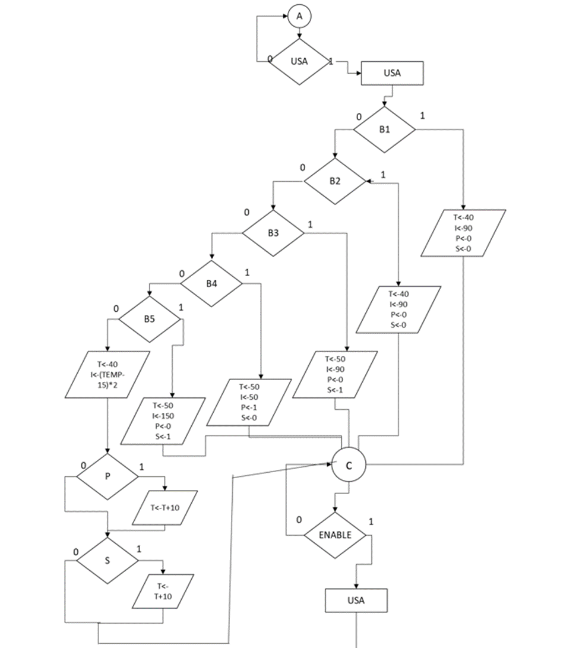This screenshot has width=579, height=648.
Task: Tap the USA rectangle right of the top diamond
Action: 392,74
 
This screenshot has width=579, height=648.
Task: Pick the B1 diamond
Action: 385,129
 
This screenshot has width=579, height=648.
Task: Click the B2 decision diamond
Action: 335,181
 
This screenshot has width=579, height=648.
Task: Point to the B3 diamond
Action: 273,233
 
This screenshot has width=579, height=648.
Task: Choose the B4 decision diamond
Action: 211,283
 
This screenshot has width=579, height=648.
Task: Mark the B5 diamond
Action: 149,318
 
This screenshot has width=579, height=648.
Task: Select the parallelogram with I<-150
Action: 163,421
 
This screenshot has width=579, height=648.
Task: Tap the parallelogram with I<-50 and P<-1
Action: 249,402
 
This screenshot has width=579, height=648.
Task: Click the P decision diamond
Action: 107,476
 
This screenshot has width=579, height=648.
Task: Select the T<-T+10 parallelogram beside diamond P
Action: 164,508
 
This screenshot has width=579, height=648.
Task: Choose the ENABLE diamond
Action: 335,535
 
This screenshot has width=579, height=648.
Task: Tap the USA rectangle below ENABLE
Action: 356,600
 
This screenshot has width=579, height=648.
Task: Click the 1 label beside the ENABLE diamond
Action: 372,522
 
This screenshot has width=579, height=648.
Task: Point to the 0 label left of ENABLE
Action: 299,520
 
